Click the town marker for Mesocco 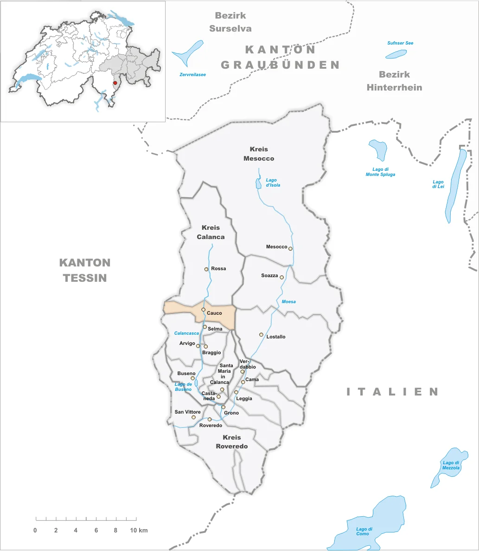click(291, 248)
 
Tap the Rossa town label click(218, 269)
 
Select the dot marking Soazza click(281, 277)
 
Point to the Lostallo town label click(276, 337)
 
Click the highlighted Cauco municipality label click(214, 313)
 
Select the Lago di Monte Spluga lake click(378, 150)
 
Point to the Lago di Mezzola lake click(445, 467)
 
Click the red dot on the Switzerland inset click(115, 83)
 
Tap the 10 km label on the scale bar click(140, 530)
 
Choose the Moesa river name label click(288, 302)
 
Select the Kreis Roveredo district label click(232, 441)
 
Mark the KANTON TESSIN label click(85, 270)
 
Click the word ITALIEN click(393, 392)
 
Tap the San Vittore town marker click(194, 417)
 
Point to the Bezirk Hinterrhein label click(394, 80)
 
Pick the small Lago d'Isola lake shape click(259, 184)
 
